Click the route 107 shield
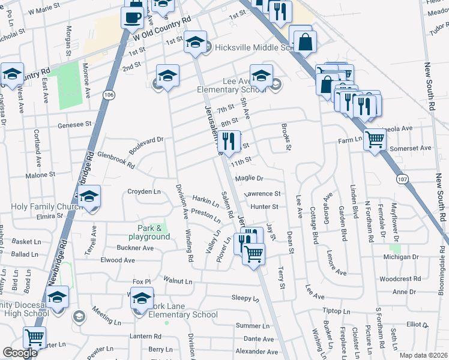click(x=402, y=178)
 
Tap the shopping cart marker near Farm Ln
click(x=375, y=140)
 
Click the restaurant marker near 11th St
click(x=228, y=142)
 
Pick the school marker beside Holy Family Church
click(x=89, y=197)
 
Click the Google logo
click(x=20, y=353)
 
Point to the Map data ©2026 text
click(x=423, y=355)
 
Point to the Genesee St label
click(x=74, y=125)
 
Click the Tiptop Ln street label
click(x=336, y=311)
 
